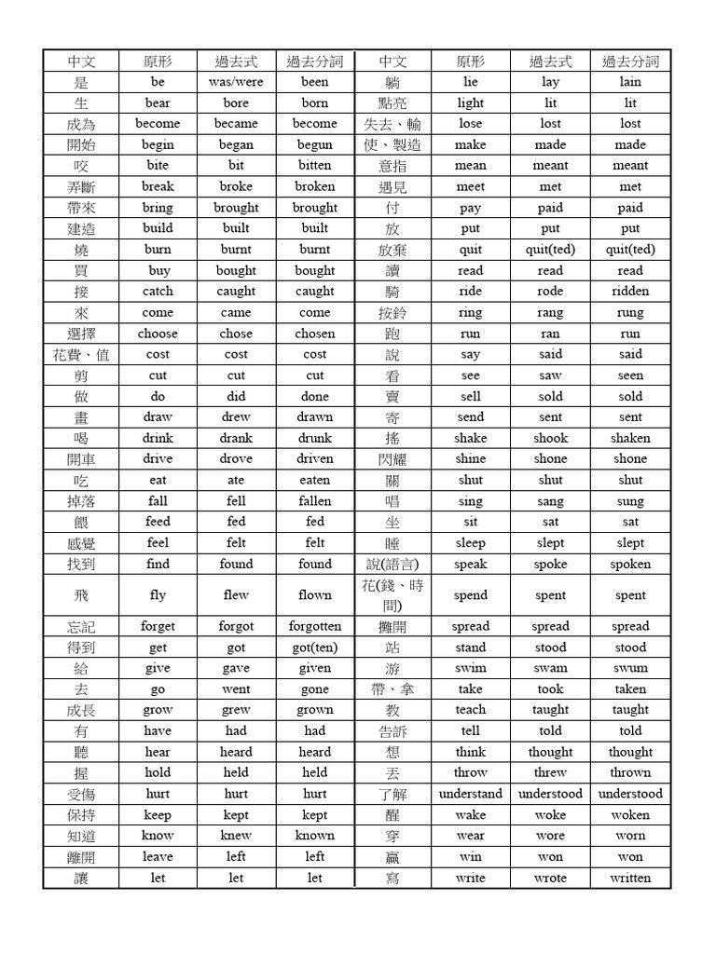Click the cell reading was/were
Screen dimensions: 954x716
(236, 82)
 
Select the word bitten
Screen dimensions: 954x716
(315, 166)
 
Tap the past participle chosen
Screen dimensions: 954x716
(315, 334)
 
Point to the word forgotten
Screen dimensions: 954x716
(315, 627)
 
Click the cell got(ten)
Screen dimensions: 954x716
(315, 647)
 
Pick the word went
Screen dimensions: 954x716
(236, 689)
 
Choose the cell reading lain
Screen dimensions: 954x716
(630, 82)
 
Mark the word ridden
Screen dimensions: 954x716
(630, 292)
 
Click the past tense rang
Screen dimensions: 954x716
(550, 313)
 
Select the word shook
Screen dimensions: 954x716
(550, 439)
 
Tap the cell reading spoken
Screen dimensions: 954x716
(630, 565)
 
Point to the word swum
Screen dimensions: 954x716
(630, 669)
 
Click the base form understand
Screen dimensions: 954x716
(471, 795)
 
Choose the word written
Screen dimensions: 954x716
(630, 879)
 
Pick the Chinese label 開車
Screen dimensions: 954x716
(81, 459)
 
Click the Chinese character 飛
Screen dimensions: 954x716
(81, 595)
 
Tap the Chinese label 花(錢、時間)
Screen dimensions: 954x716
(392, 595)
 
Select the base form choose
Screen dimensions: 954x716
(158, 334)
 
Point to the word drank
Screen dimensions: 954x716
(236, 439)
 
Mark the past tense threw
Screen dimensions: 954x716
(550, 773)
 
